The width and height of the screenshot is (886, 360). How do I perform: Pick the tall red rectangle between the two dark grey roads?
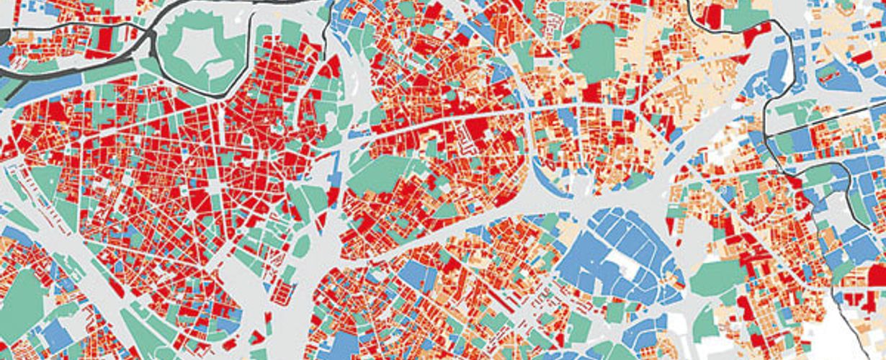tap(104, 39)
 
